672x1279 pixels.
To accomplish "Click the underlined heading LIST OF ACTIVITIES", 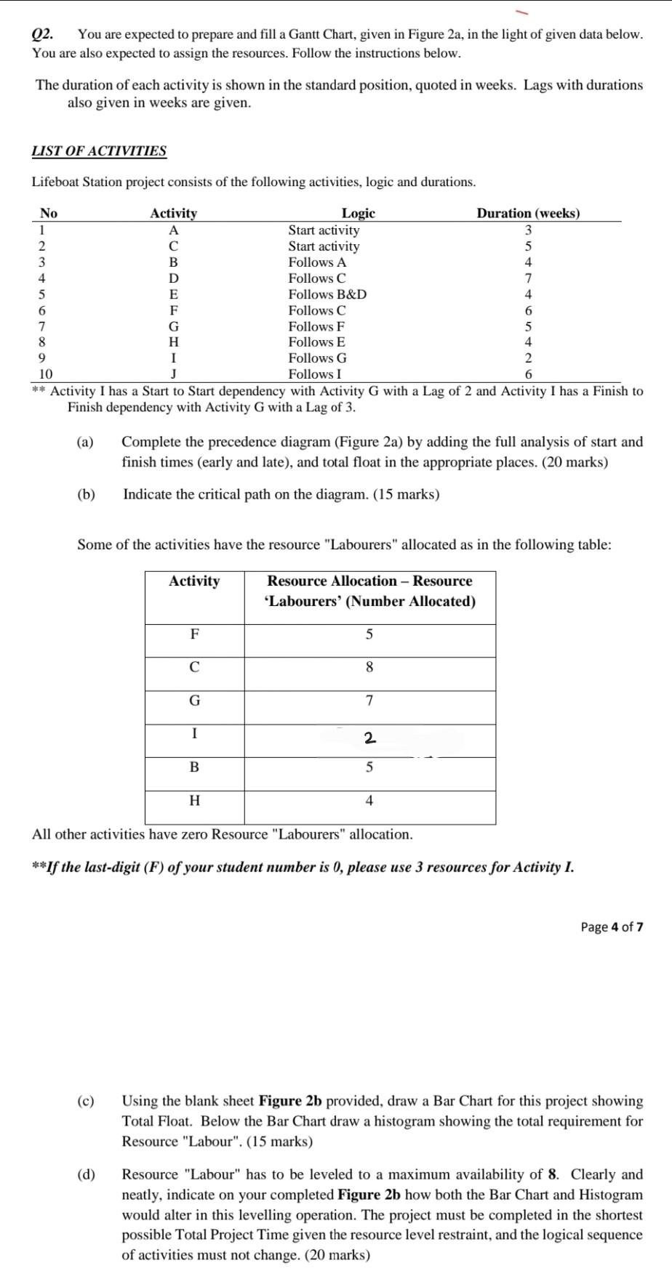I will (x=99, y=151).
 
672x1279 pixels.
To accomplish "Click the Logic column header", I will (x=359, y=213).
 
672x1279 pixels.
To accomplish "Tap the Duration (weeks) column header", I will (x=528, y=213).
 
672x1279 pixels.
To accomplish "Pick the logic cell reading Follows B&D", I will (x=327, y=294).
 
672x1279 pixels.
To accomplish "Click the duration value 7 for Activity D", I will (x=528, y=278).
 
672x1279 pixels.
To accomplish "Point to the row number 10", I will (x=45, y=374).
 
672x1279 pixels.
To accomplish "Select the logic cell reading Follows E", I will (x=316, y=342).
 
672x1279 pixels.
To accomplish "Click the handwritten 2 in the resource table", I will (x=369, y=739).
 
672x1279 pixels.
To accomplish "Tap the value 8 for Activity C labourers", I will (x=369, y=667).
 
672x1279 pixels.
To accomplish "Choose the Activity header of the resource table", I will (x=194, y=581).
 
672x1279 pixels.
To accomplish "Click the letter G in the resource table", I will (x=194, y=701).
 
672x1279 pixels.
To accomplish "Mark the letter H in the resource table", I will (x=194, y=801).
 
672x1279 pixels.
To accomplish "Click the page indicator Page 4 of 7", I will (x=612, y=927).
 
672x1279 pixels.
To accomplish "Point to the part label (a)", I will (x=86, y=442).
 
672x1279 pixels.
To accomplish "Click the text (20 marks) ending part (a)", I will (x=571, y=462).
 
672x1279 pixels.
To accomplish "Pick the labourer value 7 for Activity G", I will (x=369, y=701).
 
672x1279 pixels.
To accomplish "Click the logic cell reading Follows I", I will (x=315, y=374).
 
